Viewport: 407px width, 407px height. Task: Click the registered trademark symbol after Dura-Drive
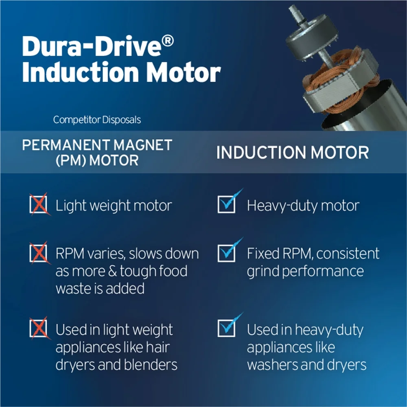pos(168,41)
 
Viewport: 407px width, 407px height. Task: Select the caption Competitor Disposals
pos(97,120)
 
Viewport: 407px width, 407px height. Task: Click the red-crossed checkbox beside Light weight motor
pos(39,204)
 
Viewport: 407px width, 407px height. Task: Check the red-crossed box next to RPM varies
pos(39,253)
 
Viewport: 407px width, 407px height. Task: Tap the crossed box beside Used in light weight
pos(39,328)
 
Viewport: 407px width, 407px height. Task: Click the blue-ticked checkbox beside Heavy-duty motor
pos(228,202)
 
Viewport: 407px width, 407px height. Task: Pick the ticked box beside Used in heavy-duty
pos(228,326)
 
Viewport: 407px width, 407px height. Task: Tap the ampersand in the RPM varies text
pos(112,271)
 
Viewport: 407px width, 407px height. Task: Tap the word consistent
pos(348,253)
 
